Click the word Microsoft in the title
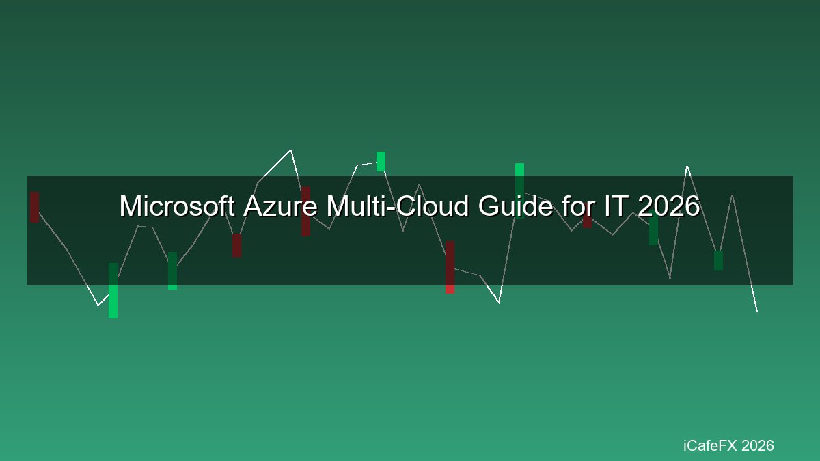coord(177,206)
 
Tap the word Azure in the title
coord(280,206)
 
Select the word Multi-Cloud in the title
coord(398,206)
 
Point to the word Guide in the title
coord(515,206)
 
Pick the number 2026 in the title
coord(669,206)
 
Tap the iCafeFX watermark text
coord(709,445)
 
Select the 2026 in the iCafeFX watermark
coord(757,445)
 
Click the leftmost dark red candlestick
coord(34,207)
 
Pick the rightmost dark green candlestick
coord(718,260)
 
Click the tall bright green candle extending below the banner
coord(113,290)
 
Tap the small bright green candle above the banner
coord(381,161)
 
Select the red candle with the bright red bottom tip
coord(450,267)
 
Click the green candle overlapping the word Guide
coord(519,191)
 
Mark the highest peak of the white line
coord(290,150)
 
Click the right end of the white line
coord(757,311)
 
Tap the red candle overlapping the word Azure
coord(305,211)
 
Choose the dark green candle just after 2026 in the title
coord(653,229)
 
